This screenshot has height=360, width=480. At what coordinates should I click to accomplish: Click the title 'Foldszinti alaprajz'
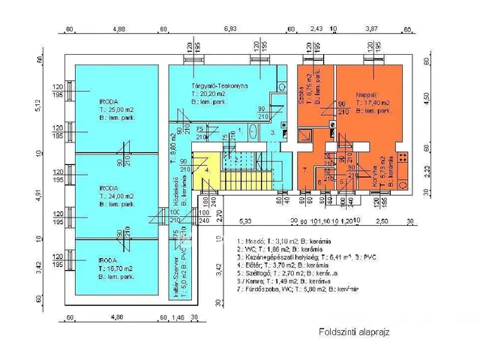tap(355, 331)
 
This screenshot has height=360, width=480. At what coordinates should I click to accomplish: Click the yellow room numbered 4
tap(208, 170)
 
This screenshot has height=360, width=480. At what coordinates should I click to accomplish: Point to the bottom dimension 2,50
tap(382, 223)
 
